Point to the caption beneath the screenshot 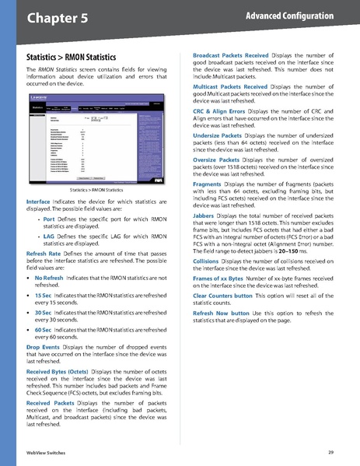click(96, 190)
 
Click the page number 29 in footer click(331, 452)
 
